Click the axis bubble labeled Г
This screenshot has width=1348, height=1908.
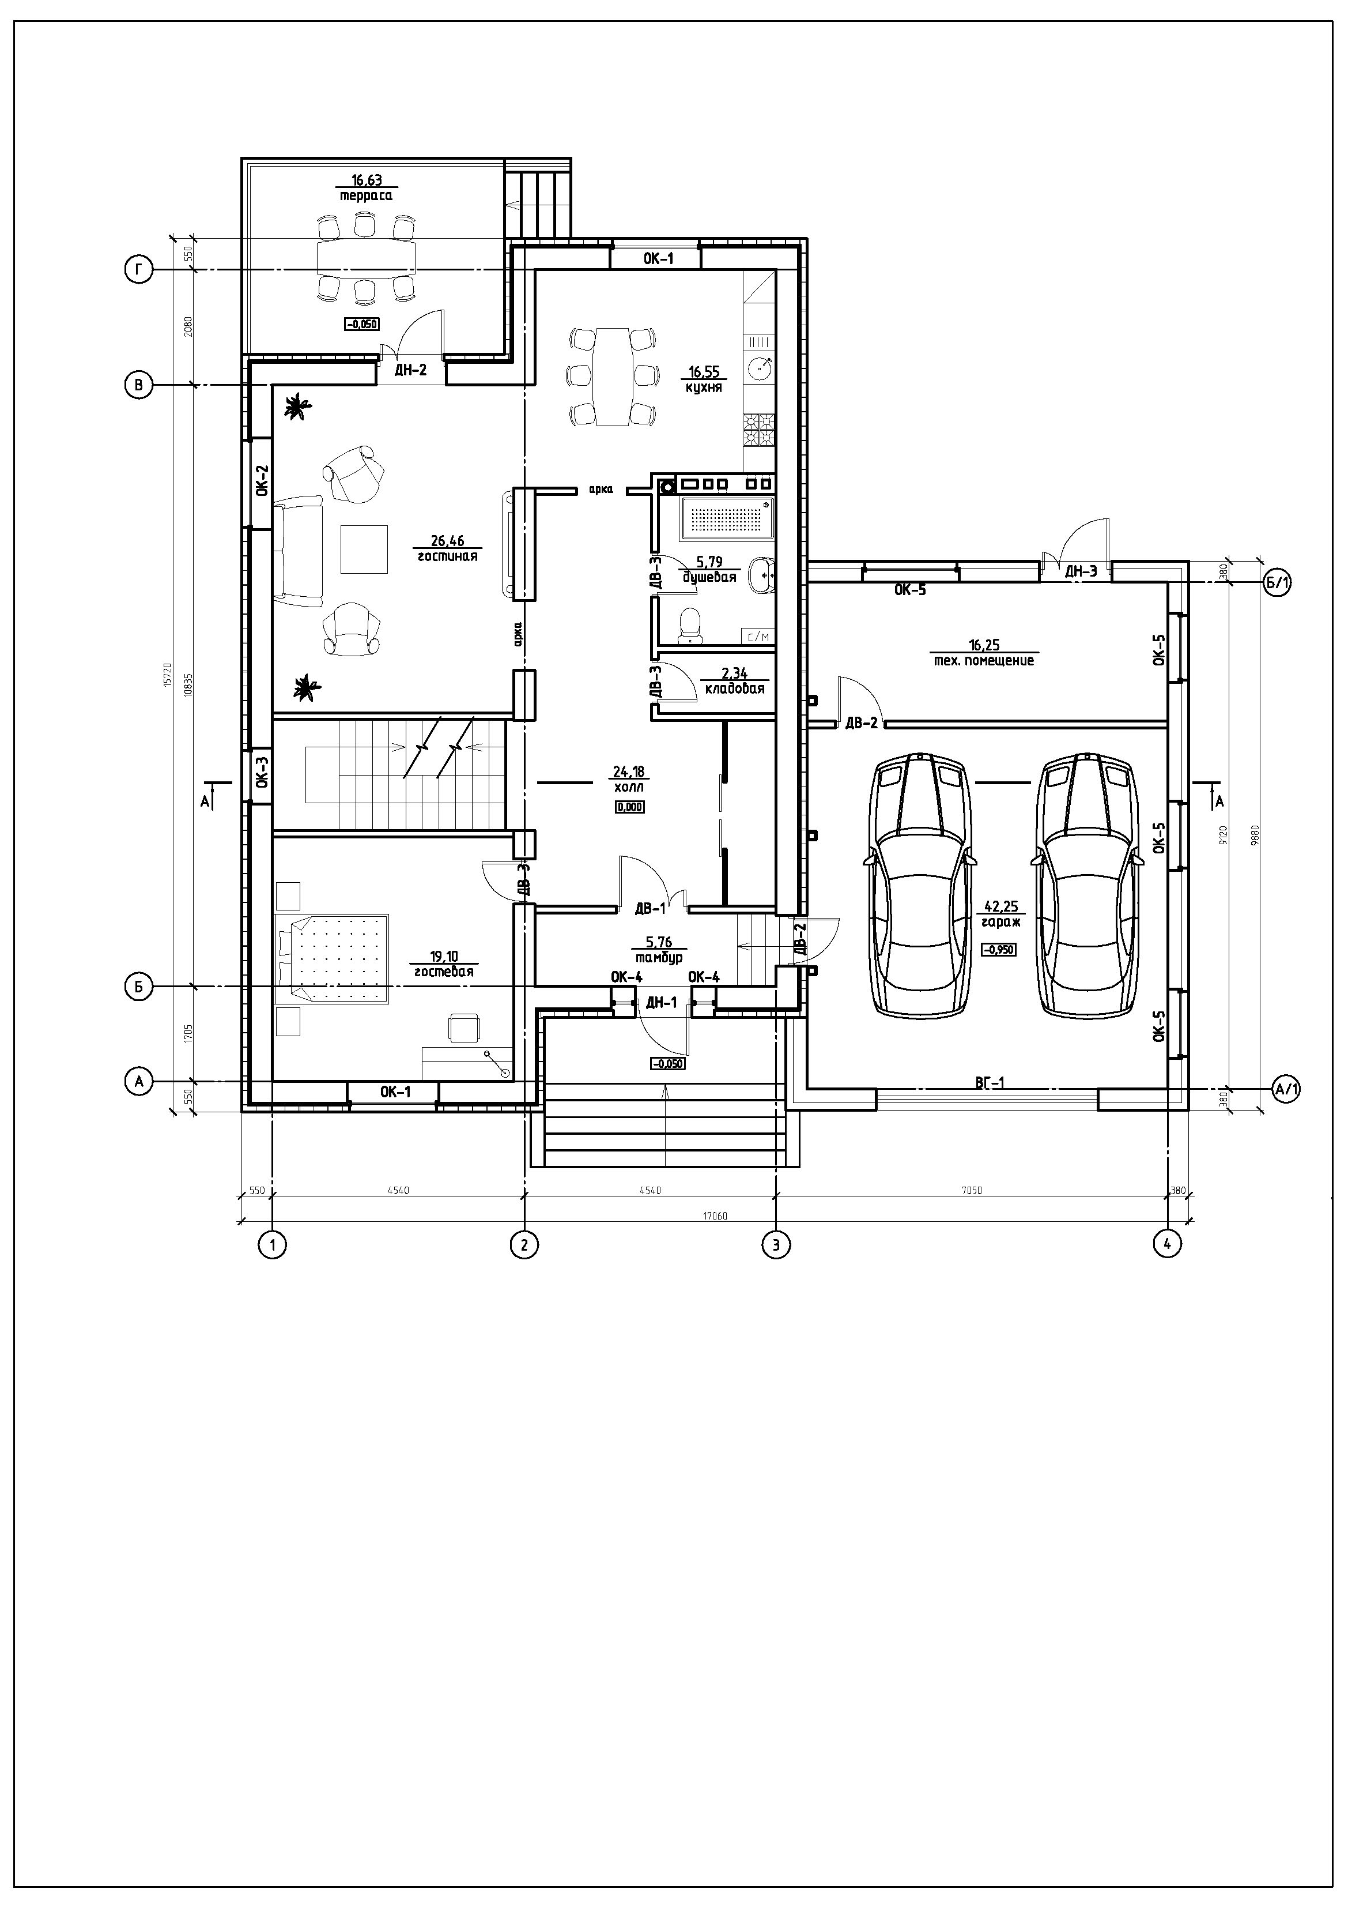click(139, 270)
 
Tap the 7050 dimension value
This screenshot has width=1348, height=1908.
click(971, 1190)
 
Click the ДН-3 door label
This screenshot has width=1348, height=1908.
click(1081, 571)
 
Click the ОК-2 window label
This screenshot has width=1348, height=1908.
click(262, 480)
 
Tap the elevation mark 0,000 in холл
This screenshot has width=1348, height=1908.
click(629, 806)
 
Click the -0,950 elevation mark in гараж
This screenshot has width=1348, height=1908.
click(998, 949)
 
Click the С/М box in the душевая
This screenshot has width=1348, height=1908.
click(758, 637)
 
